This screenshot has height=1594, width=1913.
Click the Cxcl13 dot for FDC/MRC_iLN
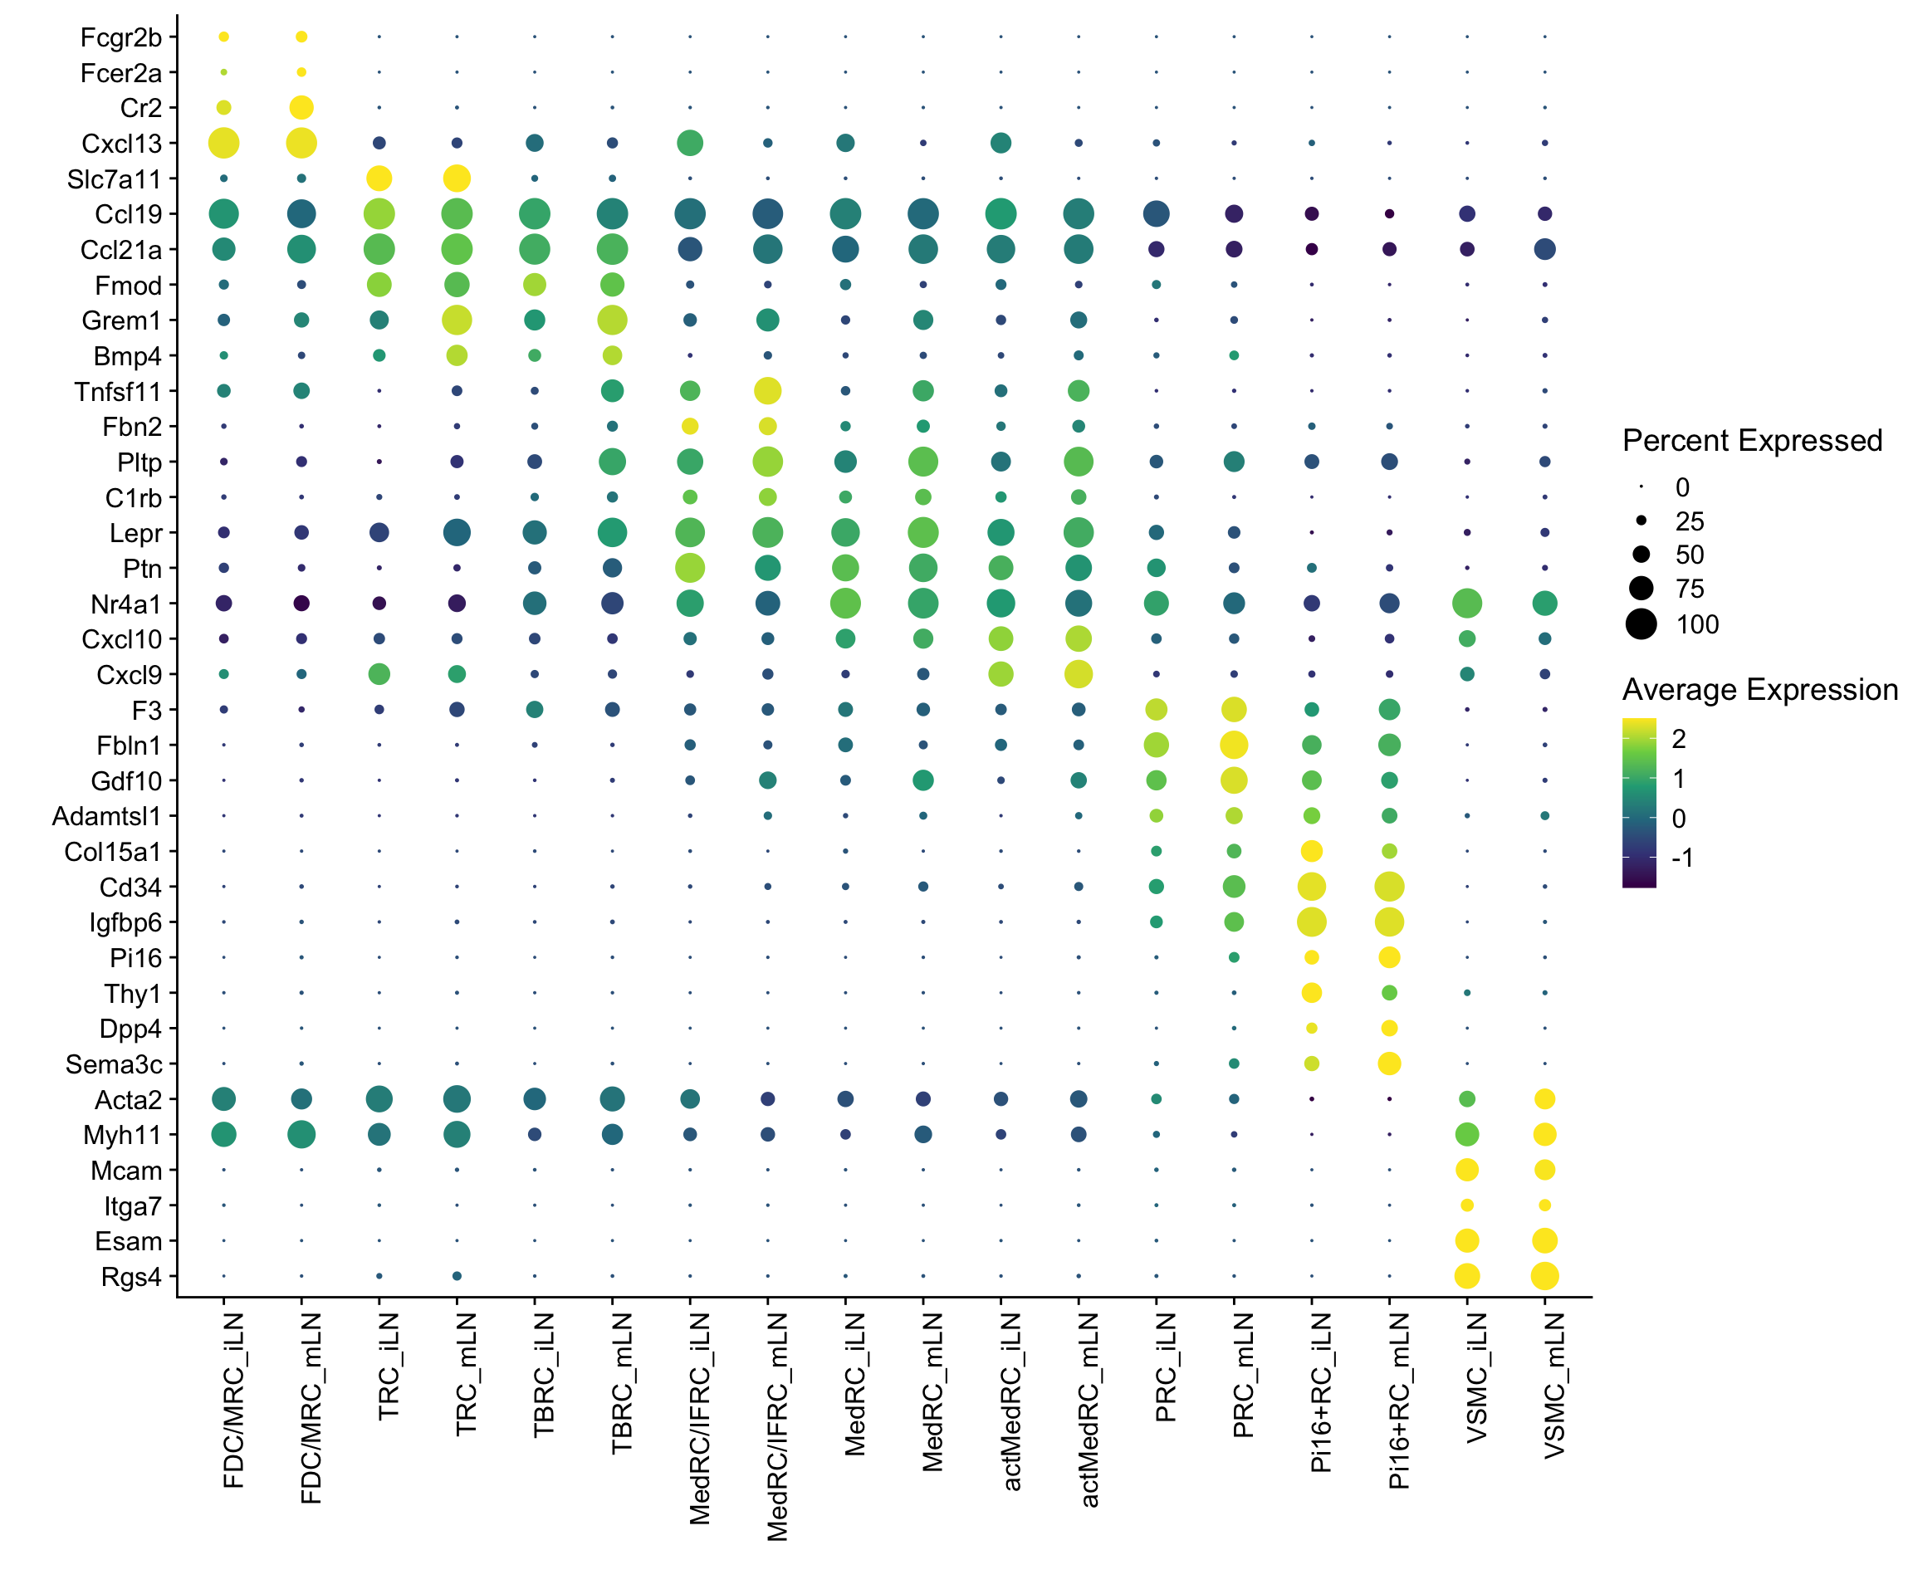coord(224,143)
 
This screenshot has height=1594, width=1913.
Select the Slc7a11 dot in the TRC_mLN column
coord(457,178)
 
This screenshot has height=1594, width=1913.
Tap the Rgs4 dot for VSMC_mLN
coord(1544,1276)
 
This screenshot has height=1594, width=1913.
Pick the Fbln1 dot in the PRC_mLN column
coord(1234,745)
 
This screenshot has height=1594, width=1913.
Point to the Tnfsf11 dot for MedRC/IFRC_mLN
coord(768,391)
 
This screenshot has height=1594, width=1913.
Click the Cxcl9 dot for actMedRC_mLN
coord(1079,674)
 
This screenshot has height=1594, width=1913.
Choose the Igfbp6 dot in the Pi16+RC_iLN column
coord(1311,922)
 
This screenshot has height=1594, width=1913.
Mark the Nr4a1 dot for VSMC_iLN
coord(1466,603)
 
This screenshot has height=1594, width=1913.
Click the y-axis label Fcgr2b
coord(121,37)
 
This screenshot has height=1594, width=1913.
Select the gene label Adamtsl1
coord(106,816)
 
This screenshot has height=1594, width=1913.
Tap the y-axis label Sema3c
coord(114,1063)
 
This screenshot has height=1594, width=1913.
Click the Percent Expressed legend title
coord(1752,441)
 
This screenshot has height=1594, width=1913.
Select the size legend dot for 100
coord(1641,625)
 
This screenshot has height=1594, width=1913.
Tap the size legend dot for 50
coord(1641,555)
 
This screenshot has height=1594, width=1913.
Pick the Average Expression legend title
coord(1759,691)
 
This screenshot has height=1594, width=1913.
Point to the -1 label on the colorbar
coord(1681,858)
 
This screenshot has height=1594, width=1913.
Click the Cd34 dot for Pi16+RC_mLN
coord(1389,887)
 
